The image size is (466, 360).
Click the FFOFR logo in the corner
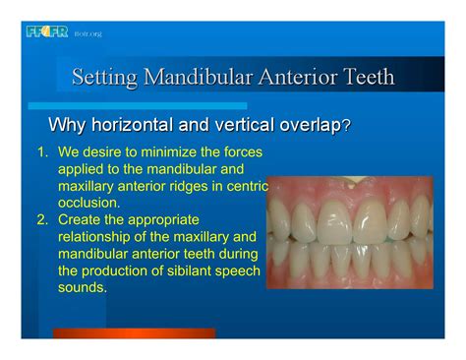47,32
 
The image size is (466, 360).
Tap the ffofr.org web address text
88,34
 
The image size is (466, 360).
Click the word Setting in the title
106,76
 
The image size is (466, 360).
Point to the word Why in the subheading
67,126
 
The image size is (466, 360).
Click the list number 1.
42,153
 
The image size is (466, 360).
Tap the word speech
238,271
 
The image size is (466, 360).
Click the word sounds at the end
82,287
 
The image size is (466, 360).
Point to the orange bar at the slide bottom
134,334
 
